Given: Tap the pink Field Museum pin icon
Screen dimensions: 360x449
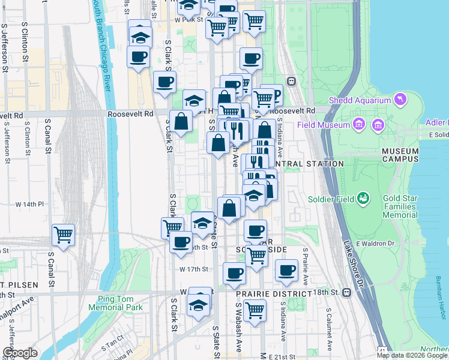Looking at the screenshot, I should click(359, 125).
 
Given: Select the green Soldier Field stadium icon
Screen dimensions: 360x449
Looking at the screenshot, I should click(363, 197).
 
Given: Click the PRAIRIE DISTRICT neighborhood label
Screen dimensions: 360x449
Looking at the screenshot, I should click(273, 294).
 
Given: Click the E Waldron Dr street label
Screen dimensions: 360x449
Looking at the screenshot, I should click(373, 243).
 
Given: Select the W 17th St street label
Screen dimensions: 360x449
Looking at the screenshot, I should click(193, 269).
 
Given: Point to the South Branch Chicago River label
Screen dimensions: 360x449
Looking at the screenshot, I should click(103, 45).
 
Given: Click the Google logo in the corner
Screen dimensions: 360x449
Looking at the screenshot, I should click(20, 353).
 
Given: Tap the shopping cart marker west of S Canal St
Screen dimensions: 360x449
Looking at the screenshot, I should click(63, 235).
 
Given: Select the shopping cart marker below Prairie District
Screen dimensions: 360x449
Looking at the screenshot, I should click(255, 311).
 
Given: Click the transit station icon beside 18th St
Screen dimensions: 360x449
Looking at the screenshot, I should click(346, 293).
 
